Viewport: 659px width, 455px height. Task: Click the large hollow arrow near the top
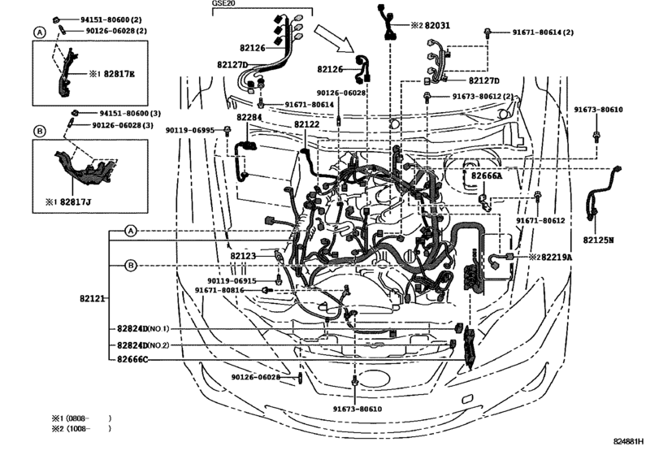(x=335, y=37)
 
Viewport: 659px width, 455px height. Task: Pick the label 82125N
(x=599, y=240)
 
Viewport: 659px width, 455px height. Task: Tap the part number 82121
(x=92, y=300)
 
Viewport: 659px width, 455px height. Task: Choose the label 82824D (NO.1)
(x=142, y=329)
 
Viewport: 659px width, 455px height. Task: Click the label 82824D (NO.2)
(x=142, y=344)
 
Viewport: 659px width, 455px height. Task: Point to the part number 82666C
(x=132, y=359)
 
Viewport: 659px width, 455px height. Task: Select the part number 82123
(x=242, y=256)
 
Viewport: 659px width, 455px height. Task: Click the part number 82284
(x=249, y=117)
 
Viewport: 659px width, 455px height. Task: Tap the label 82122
(x=306, y=124)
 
